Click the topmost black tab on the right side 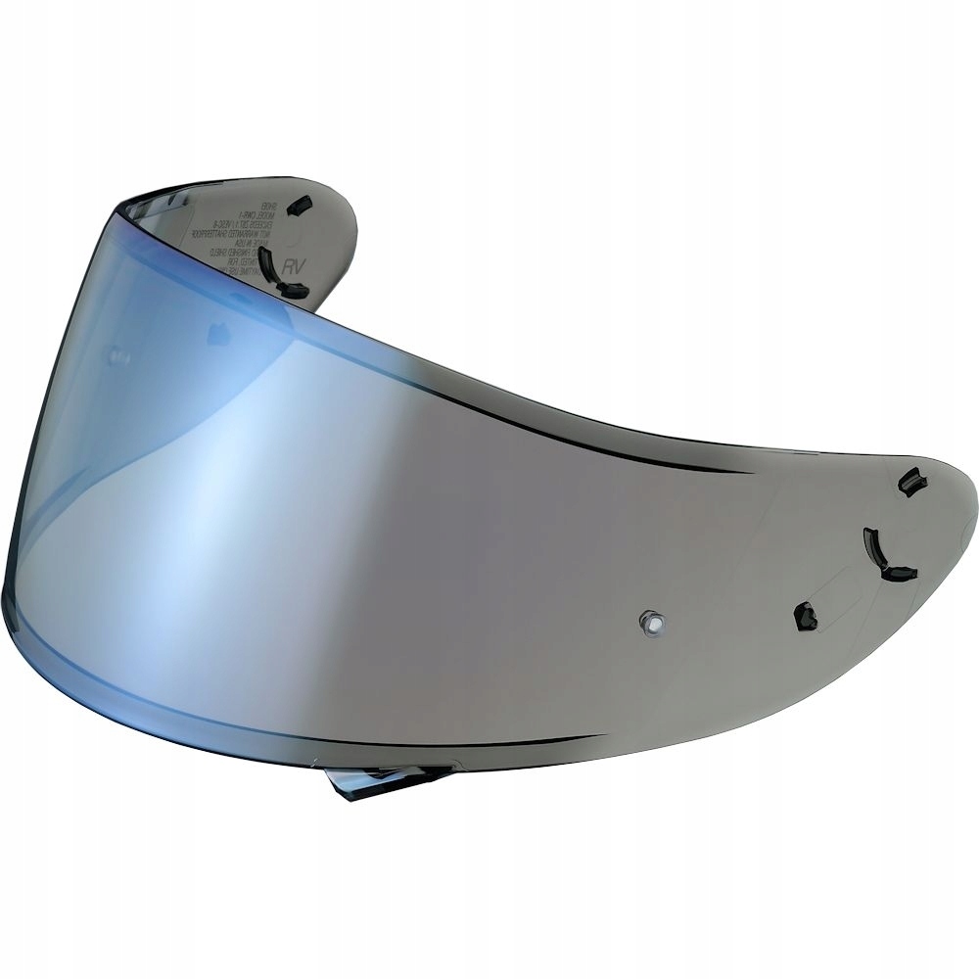[x=910, y=482]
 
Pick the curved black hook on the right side [x=885, y=556]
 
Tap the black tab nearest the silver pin [x=805, y=616]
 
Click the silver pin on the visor [x=650, y=620]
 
